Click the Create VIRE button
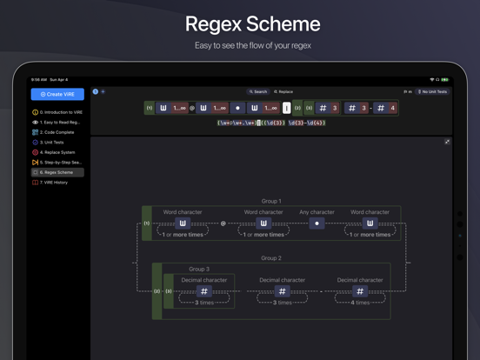tap(57, 94)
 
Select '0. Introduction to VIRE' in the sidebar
tap(60, 112)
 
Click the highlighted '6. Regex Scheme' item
tap(57, 172)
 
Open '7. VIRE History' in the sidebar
tap(56, 183)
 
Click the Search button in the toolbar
tap(258, 91)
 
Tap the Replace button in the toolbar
tap(284, 91)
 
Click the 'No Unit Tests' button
tap(432, 91)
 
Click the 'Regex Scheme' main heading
tap(240, 23)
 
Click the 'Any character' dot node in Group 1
tap(317, 223)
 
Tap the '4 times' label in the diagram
tap(359, 302)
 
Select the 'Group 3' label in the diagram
tap(200, 270)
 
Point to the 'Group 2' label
tap(271, 258)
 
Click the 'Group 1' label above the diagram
tap(271, 201)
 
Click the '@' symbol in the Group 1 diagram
tap(223, 223)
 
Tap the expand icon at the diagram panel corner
tap(448, 142)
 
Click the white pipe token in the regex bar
tap(287, 108)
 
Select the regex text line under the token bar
tap(271, 123)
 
